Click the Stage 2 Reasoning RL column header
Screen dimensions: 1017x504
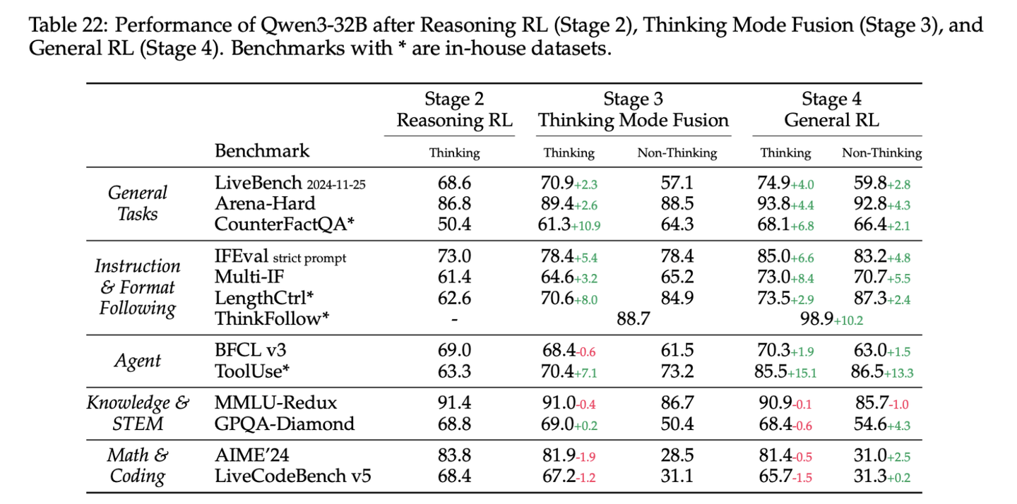pos(455,110)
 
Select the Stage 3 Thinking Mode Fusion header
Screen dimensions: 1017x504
pos(634,110)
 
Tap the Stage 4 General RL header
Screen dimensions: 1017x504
pos(831,110)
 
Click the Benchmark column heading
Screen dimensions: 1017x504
pos(262,150)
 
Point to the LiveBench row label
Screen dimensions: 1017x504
pos(290,183)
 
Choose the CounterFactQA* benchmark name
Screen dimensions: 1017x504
pos(284,224)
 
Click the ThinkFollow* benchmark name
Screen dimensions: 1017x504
pos(271,318)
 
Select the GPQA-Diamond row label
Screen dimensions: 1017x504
pos(285,424)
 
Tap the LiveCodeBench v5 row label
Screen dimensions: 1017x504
pos(293,476)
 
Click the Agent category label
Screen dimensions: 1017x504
pos(138,361)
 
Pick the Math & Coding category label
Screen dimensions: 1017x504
pos(138,465)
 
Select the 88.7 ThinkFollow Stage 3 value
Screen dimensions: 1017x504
pos(634,319)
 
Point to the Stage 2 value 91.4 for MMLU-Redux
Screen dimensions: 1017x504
pos(455,403)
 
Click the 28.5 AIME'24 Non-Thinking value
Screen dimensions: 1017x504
pos(677,455)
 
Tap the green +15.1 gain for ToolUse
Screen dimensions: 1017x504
pos(802,373)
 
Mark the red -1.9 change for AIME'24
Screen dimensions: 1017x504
pos(585,457)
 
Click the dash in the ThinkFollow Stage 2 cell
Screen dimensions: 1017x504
pos(455,320)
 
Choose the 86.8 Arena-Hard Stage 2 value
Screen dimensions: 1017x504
pos(455,204)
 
